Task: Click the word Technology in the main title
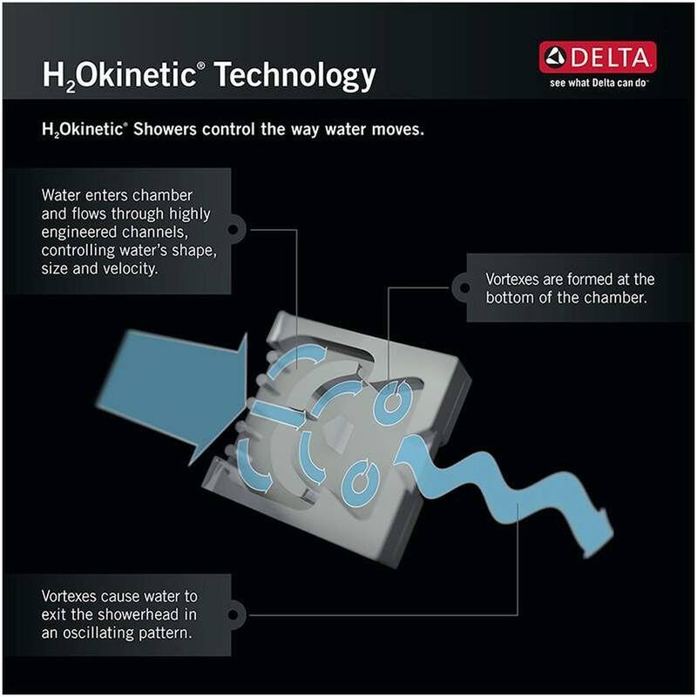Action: coord(295,76)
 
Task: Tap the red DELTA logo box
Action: coord(598,59)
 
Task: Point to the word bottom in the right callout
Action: coord(515,299)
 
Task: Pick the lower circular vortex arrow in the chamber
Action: coord(356,484)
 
